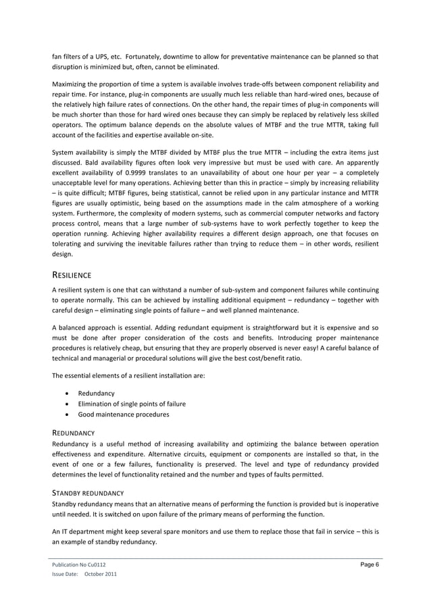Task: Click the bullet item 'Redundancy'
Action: point(96,392)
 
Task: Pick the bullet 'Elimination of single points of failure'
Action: point(132,403)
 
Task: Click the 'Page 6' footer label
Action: point(367,564)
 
